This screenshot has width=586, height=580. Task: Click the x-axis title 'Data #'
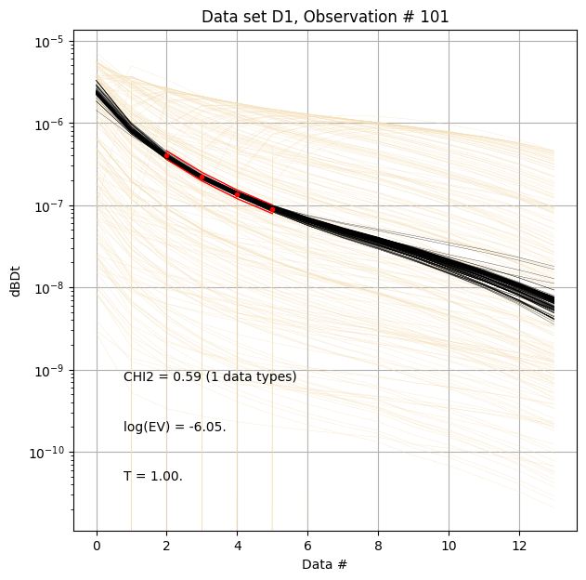[325, 564]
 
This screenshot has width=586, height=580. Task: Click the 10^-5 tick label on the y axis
[49, 41]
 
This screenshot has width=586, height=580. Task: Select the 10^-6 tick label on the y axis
[49, 124]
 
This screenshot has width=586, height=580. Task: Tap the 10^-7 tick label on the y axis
[49, 205]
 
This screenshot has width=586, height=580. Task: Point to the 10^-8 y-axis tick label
[49, 288]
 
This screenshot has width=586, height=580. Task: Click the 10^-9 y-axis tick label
[49, 370]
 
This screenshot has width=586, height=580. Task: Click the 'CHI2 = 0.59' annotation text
[210, 376]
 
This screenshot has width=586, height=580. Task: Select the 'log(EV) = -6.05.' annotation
[175, 427]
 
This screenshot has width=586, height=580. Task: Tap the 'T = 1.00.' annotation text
[153, 476]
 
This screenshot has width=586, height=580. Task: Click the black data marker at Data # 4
[238, 195]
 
